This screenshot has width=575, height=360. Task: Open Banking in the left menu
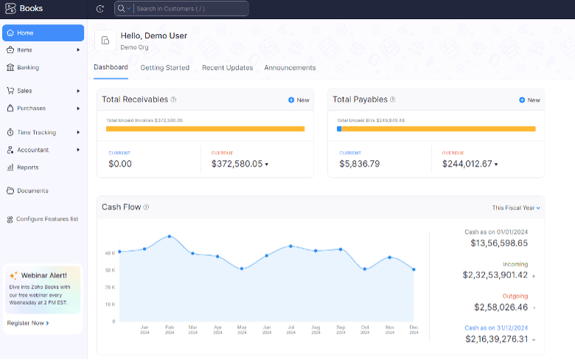pyautogui.click(x=28, y=67)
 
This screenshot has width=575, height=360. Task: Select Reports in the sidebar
pyautogui.click(x=27, y=167)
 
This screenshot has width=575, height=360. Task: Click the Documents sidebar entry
pyautogui.click(x=32, y=191)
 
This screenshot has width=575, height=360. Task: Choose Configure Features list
pyautogui.click(x=46, y=219)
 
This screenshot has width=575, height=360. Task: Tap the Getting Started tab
pyautogui.click(x=165, y=68)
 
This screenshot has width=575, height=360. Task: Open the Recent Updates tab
pyautogui.click(x=227, y=68)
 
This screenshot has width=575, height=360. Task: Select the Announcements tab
pyautogui.click(x=290, y=68)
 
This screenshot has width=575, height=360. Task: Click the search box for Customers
pyautogui.click(x=190, y=9)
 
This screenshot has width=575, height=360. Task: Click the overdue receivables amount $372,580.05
pyautogui.click(x=237, y=164)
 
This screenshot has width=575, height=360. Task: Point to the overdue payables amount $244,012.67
pyautogui.click(x=467, y=164)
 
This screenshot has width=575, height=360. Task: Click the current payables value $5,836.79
pyautogui.click(x=360, y=164)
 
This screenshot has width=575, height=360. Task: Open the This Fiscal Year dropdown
pyautogui.click(x=516, y=208)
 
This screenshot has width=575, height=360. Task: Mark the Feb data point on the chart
pyautogui.click(x=170, y=237)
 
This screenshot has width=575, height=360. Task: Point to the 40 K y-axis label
pyautogui.click(x=110, y=253)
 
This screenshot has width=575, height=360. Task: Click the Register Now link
pyautogui.click(x=28, y=323)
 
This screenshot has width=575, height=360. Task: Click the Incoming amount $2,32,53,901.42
pyautogui.click(x=495, y=275)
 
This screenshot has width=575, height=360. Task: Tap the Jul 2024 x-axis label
pyautogui.click(x=291, y=328)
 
